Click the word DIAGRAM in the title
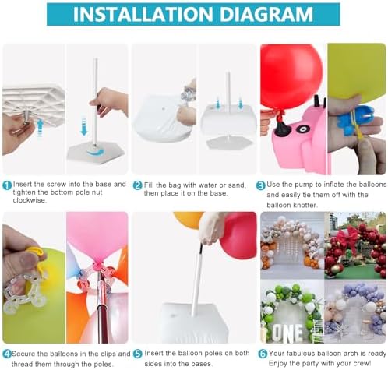(266, 14)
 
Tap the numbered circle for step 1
(7, 185)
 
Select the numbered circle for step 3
(261, 185)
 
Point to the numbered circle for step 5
(138, 354)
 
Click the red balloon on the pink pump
(291, 78)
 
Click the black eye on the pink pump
(302, 129)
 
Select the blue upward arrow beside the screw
(40, 128)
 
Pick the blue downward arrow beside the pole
(83, 127)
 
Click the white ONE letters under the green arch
(287, 333)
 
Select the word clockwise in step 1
(30, 200)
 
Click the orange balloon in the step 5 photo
(189, 220)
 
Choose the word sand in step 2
(236, 185)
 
